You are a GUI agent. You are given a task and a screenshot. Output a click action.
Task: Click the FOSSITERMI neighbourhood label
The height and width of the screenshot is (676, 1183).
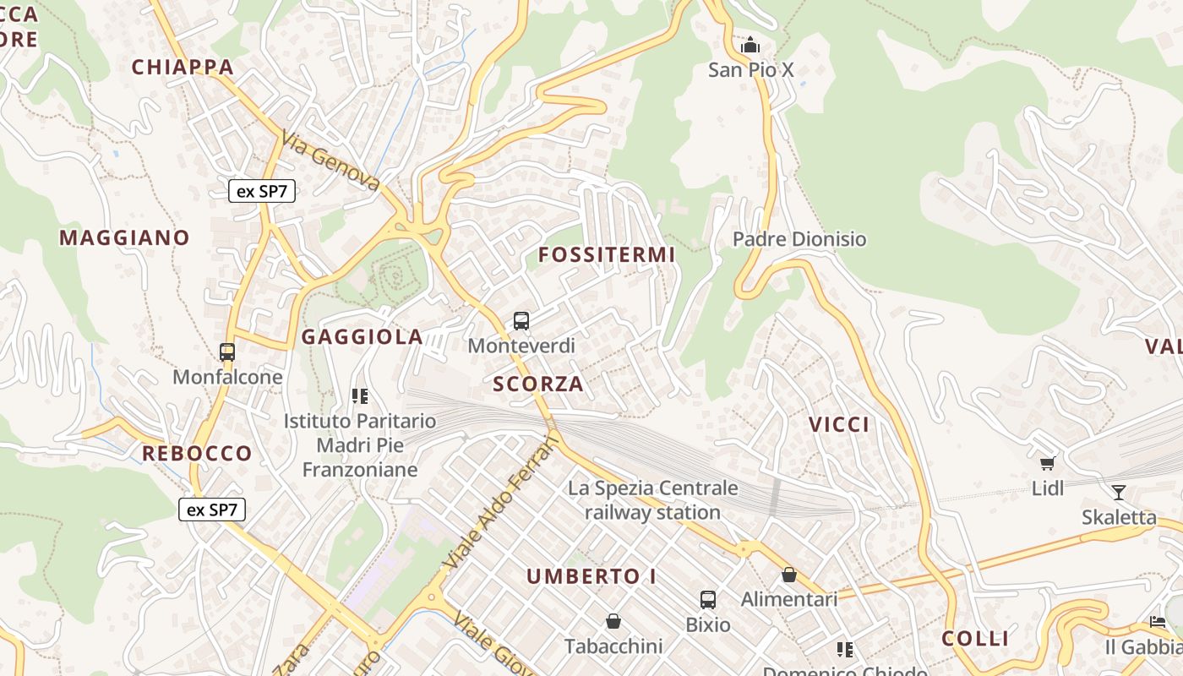point(607,254)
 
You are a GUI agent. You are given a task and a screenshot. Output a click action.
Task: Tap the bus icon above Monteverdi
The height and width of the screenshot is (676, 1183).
point(521,321)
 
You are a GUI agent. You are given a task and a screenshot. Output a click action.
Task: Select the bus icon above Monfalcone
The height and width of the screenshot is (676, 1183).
point(227,352)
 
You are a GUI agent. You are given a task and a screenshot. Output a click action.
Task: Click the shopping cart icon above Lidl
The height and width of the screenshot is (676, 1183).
point(1048,463)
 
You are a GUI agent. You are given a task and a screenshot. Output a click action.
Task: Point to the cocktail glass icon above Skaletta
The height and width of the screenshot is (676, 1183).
point(1119,492)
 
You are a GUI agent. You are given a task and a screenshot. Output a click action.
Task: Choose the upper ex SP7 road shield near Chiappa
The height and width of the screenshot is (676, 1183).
point(262,191)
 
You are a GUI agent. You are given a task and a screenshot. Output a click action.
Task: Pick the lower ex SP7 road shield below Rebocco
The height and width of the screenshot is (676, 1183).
point(212,510)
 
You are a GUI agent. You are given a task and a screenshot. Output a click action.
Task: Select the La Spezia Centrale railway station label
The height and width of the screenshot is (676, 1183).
point(652,500)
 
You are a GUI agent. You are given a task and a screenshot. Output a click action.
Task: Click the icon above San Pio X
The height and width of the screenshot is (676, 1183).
point(750,45)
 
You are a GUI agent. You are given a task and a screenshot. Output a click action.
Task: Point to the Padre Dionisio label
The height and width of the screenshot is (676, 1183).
point(799,239)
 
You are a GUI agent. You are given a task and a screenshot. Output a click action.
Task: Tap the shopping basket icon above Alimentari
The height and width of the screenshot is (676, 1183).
point(789,575)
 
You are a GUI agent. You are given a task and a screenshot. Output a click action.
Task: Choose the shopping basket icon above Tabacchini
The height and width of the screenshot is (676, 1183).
point(613,622)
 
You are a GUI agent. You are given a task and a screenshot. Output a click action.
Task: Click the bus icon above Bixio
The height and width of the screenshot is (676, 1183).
point(708,600)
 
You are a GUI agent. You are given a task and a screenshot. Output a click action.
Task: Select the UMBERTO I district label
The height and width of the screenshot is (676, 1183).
point(591,576)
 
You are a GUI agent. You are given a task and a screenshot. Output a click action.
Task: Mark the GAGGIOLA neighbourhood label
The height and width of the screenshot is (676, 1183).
point(363,337)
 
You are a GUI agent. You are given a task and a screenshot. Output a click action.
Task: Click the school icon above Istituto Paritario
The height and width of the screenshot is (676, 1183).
point(360,395)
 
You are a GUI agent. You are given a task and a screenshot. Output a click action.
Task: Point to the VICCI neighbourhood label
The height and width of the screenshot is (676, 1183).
point(839,425)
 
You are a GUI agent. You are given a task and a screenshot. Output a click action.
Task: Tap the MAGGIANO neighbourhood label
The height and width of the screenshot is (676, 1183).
point(124,237)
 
